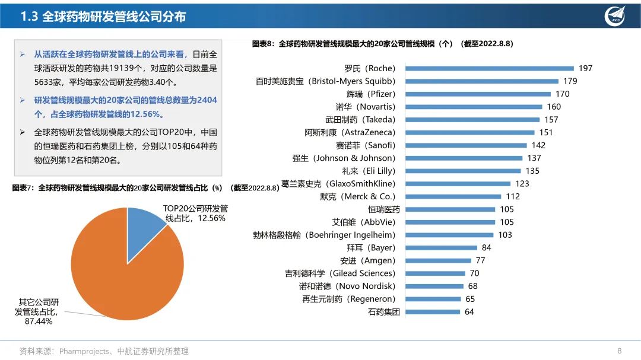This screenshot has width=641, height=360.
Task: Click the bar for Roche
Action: (490, 68)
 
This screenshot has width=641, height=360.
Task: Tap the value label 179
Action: (570, 81)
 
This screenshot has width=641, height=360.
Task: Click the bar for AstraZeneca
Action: (470, 132)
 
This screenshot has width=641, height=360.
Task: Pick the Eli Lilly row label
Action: (369, 171)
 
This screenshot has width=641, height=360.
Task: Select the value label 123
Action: (522, 184)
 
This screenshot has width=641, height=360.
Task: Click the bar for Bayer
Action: (441, 248)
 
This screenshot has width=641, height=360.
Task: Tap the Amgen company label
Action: (367, 260)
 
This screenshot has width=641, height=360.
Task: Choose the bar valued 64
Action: (433, 312)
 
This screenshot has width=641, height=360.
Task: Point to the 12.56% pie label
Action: (195, 214)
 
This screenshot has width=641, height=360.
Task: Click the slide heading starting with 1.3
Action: (103, 17)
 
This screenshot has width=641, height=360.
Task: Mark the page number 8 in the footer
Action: (619, 351)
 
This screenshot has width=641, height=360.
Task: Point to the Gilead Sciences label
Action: (339, 273)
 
